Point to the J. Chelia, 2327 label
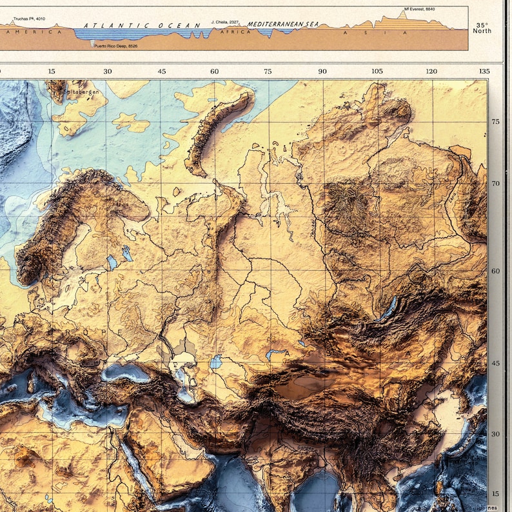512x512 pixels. [x=226, y=23]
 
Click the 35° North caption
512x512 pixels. [x=482, y=27]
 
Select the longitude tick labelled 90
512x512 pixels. [x=322, y=72]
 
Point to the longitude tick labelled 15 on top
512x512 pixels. [x=52, y=72]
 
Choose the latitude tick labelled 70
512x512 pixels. [x=496, y=184]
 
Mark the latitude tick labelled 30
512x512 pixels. [x=496, y=434]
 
